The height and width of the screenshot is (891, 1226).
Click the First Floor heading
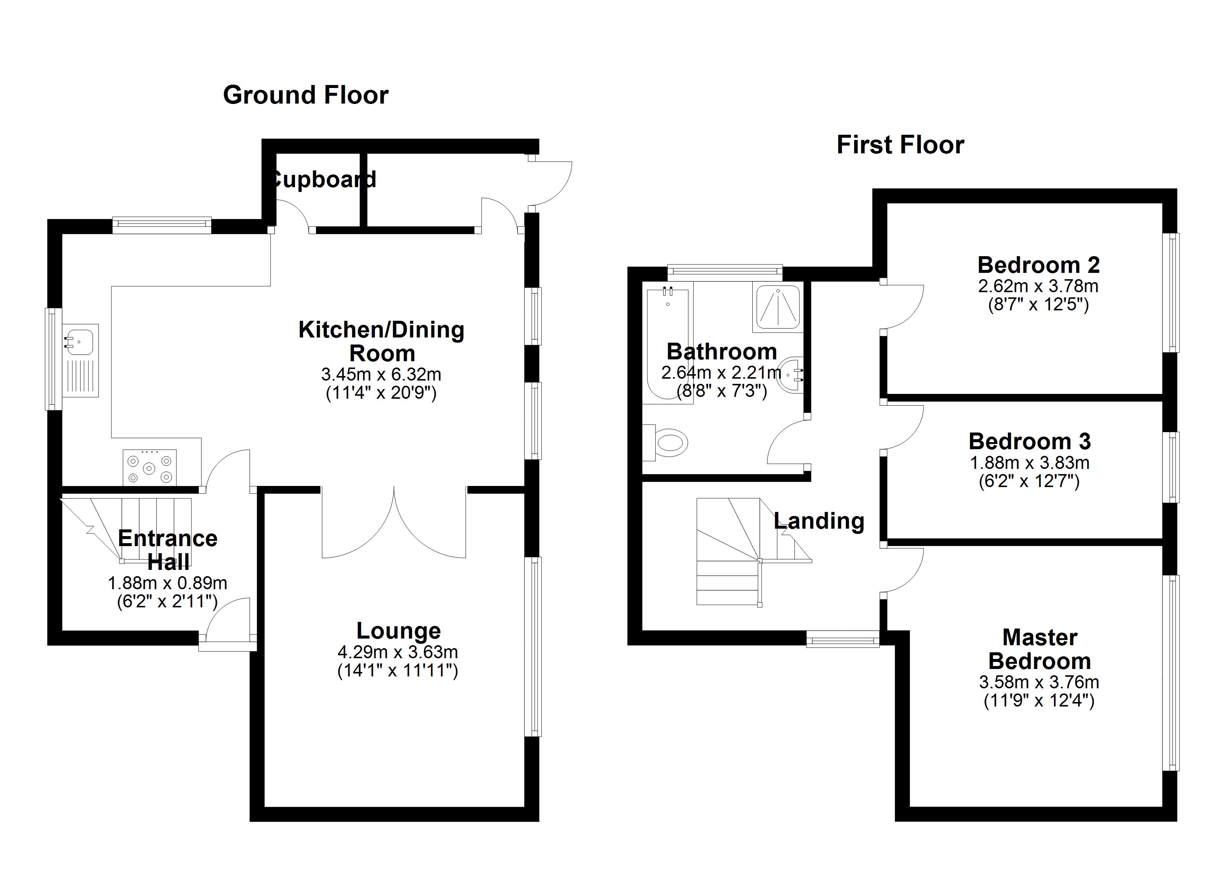coord(901,145)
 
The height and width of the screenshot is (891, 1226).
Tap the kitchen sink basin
coord(80,342)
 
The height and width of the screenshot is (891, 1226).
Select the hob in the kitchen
coord(150,467)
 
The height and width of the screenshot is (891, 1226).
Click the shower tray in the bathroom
coord(777,309)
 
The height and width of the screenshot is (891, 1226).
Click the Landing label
coord(819,521)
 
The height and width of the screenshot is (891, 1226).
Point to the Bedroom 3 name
coord(1030,441)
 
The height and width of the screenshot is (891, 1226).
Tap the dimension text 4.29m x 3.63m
coord(398,652)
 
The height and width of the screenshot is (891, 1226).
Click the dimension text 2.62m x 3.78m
coord(1038,286)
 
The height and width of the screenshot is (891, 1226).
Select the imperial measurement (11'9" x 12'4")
coord(1039,701)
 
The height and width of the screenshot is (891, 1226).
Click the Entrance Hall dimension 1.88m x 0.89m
coord(168,583)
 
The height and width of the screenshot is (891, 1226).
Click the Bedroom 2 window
coord(1171,292)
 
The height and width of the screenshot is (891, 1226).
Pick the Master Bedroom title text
coord(1039,649)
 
